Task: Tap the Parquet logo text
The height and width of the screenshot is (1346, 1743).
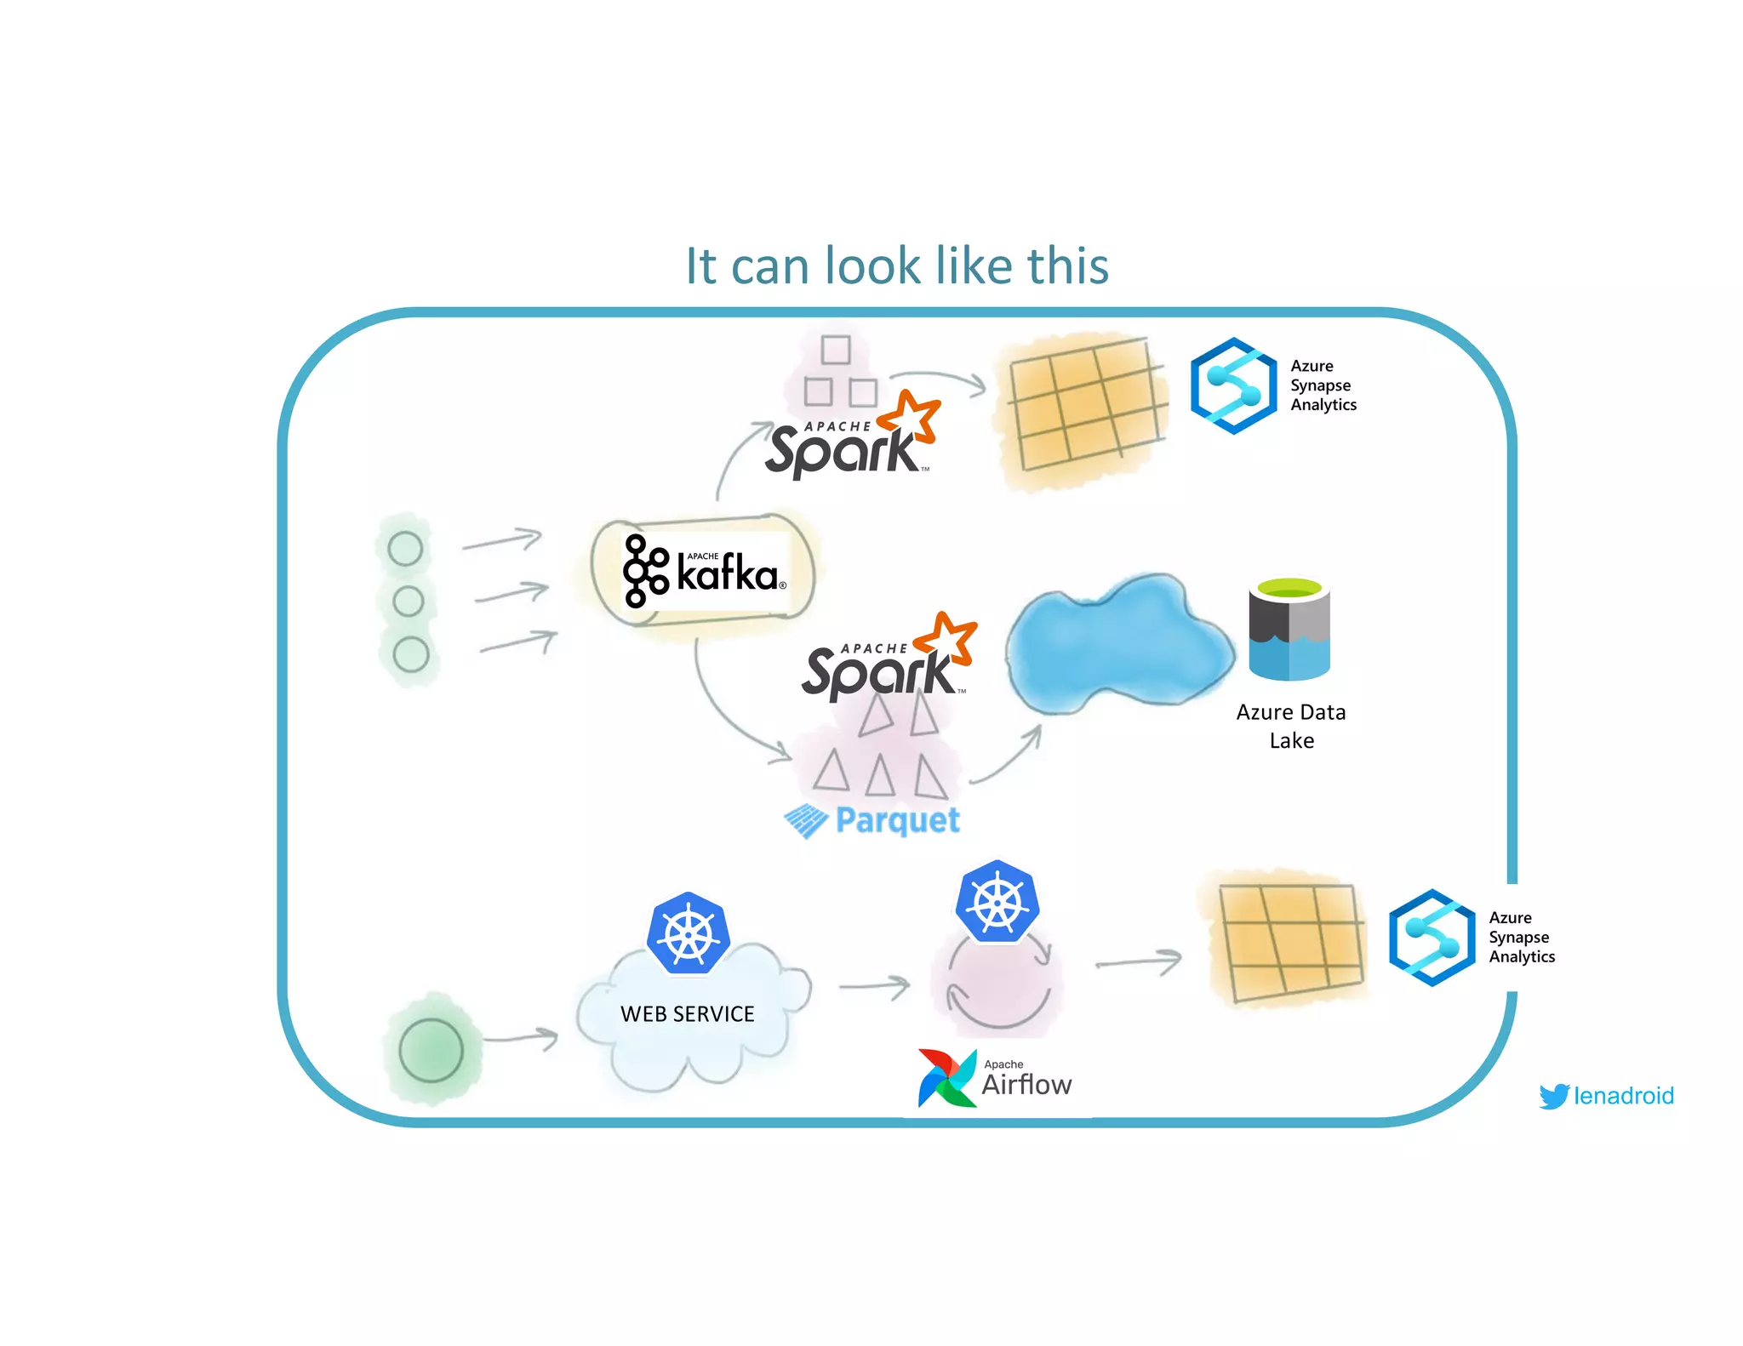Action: [897, 820]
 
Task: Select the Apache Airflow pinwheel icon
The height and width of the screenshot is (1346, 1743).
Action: [946, 1079]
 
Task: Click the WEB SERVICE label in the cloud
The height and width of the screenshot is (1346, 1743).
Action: [688, 1014]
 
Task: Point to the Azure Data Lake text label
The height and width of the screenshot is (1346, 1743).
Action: [1291, 726]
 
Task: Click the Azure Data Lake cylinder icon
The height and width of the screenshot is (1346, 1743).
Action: [1289, 630]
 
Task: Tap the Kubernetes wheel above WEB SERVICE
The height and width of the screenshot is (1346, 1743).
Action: [688, 934]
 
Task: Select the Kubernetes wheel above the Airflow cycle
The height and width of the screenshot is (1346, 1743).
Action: [997, 902]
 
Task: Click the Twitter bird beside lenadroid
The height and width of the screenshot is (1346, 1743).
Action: [1554, 1096]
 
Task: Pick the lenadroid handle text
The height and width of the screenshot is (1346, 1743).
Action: [1624, 1096]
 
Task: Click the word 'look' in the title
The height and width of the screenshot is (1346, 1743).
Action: [872, 265]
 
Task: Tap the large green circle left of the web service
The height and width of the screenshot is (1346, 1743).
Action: [431, 1050]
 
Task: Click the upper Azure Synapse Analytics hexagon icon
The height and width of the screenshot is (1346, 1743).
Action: [1233, 385]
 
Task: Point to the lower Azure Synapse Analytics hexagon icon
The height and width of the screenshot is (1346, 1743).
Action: [1432, 938]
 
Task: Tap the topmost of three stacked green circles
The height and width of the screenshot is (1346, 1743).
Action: [405, 549]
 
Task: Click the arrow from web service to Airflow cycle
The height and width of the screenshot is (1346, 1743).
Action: [874, 986]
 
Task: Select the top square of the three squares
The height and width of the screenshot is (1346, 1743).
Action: [836, 350]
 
